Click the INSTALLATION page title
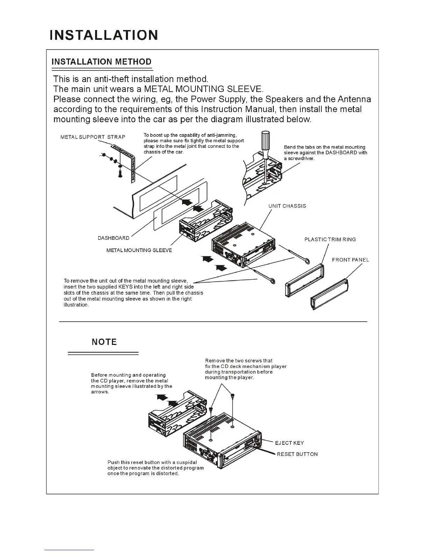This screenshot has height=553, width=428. [104, 35]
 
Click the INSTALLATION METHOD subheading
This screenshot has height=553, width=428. [101, 62]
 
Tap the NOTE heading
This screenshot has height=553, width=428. [104, 342]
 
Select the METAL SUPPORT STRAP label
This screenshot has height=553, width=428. [93, 137]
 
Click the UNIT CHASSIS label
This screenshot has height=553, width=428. [287, 206]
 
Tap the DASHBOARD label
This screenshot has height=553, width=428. [113, 238]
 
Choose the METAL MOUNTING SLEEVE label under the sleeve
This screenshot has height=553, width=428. [139, 250]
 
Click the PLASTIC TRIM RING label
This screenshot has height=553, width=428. [330, 239]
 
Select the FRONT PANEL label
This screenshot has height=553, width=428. [350, 260]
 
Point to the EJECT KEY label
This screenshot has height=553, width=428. [290, 443]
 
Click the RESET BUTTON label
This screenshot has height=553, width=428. [297, 454]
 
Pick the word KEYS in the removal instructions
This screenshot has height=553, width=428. [126, 287]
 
